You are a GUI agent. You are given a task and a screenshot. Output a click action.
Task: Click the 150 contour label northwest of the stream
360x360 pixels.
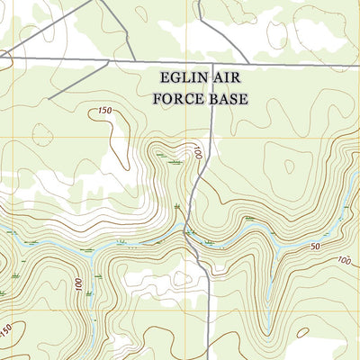pyautogui.click(x=103, y=112)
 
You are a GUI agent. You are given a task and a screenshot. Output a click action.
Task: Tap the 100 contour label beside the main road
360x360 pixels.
pyautogui.click(x=198, y=152)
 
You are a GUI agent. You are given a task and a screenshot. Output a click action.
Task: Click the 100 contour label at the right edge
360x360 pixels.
pyautogui.click(x=344, y=261)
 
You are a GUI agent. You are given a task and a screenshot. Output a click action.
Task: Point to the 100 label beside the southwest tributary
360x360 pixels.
pyautogui.click(x=79, y=286)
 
